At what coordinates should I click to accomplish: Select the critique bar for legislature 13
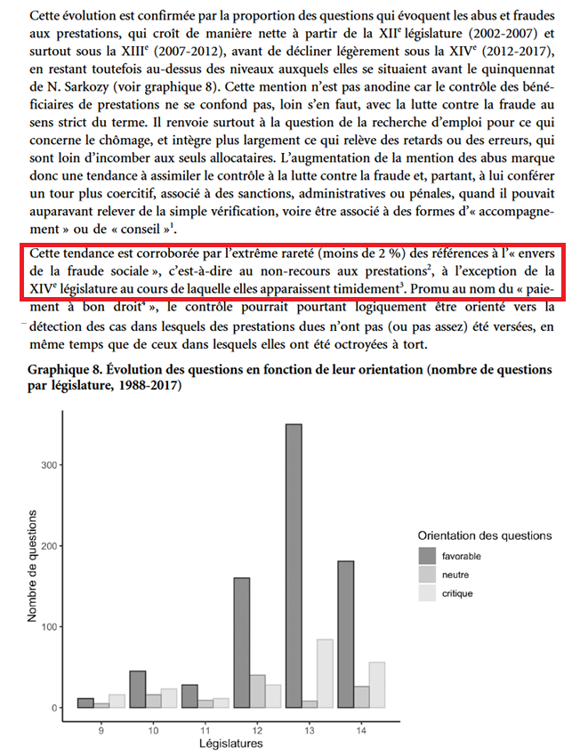(x=325, y=673)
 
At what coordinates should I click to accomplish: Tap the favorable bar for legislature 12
(x=241, y=642)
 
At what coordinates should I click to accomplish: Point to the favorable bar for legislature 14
(x=345, y=634)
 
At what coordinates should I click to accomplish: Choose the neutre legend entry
(x=455, y=574)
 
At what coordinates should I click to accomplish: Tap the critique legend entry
(x=457, y=592)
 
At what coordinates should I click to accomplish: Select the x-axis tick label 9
(x=101, y=729)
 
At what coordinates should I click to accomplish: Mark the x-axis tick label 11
(x=205, y=729)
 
